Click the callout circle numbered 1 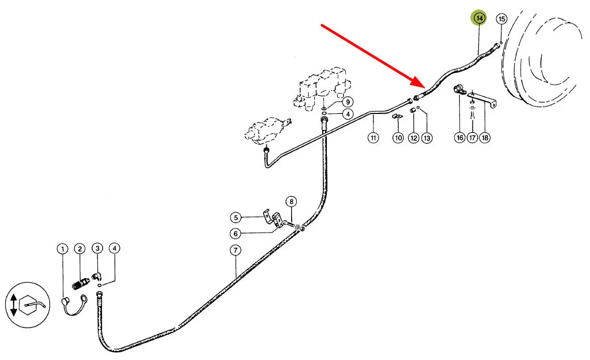(x=62, y=250)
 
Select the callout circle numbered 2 (x=80, y=250)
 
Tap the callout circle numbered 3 (x=97, y=250)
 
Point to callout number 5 (x=236, y=218)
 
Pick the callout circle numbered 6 (x=236, y=233)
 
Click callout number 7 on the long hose (x=235, y=251)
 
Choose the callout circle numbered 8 (x=291, y=201)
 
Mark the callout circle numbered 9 (x=347, y=102)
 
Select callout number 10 (x=398, y=138)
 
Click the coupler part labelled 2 (x=80, y=284)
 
